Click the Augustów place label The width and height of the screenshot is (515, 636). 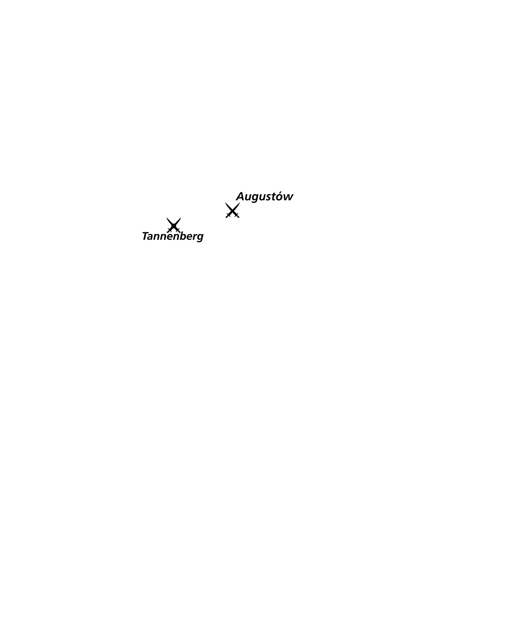[264, 197]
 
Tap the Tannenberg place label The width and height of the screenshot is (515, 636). [173, 236]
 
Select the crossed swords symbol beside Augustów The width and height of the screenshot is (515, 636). [232, 210]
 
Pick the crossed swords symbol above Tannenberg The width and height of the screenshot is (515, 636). [174, 225]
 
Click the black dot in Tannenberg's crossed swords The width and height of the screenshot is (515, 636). [174, 226]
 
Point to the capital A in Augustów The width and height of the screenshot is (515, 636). [240, 196]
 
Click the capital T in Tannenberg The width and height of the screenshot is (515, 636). [146, 236]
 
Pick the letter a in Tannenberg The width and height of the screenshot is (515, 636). [152, 237]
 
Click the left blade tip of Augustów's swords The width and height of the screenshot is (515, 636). [225, 203]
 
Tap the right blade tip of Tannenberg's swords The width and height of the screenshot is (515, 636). [181, 218]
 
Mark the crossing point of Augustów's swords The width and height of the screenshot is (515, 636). [232, 211]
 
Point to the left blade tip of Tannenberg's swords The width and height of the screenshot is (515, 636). [167, 218]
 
